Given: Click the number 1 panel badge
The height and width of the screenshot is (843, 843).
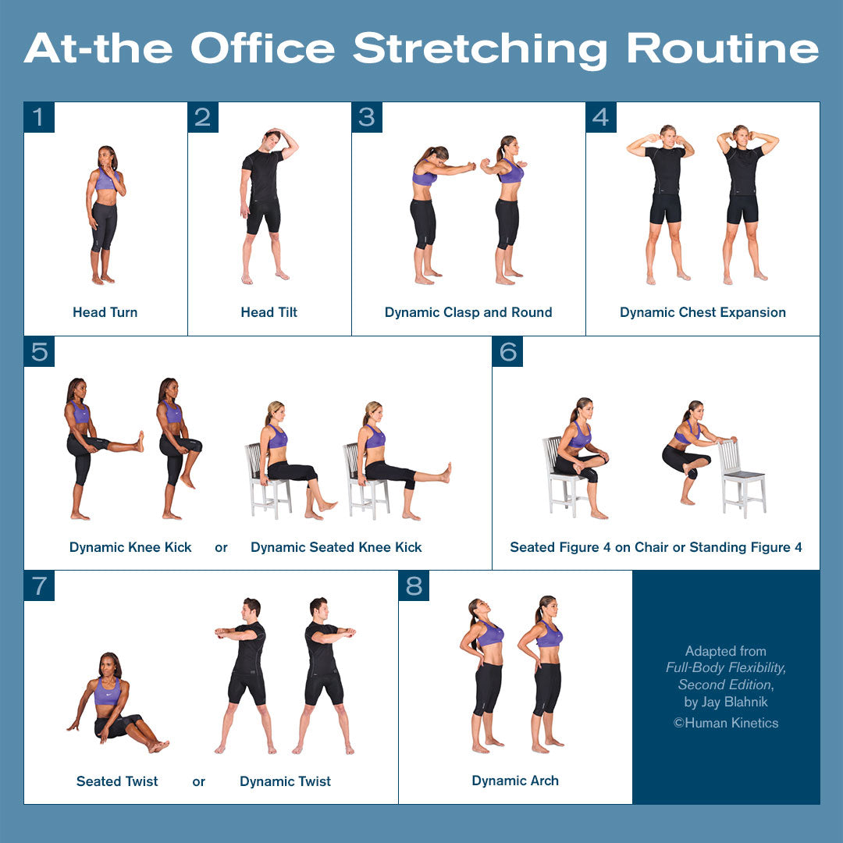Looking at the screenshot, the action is click(x=39, y=117).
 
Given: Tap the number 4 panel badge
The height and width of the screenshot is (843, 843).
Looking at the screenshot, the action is click(x=601, y=117).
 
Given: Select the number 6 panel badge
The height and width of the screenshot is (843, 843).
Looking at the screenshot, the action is click(x=507, y=351).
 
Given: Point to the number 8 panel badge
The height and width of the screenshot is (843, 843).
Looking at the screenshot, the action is click(x=414, y=585).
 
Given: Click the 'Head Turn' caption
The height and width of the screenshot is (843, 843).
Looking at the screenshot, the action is click(x=105, y=312).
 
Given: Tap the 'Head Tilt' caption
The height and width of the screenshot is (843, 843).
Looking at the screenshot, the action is click(x=269, y=312).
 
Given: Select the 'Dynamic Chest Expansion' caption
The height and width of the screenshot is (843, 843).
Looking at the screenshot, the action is click(x=702, y=312).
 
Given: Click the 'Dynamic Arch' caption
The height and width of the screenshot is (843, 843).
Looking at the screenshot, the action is click(x=515, y=781).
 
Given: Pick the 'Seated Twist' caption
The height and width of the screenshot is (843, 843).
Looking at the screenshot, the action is click(x=117, y=781).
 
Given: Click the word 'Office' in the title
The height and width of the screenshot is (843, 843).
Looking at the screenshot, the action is click(x=264, y=48).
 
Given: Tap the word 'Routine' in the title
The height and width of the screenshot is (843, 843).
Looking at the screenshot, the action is click(x=723, y=48).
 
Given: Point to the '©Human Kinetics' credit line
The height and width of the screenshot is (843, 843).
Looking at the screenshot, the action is click(x=726, y=723).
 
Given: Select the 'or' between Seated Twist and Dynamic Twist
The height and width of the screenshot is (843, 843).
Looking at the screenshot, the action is click(x=199, y=781).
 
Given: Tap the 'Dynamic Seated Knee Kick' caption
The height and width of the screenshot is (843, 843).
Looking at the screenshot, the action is click(x=336, y=547).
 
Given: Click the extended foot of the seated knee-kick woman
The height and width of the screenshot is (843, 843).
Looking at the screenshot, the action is click(x=446, y=472).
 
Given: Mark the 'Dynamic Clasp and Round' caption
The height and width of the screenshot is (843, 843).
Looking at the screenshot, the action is click(x=468, y=312).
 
